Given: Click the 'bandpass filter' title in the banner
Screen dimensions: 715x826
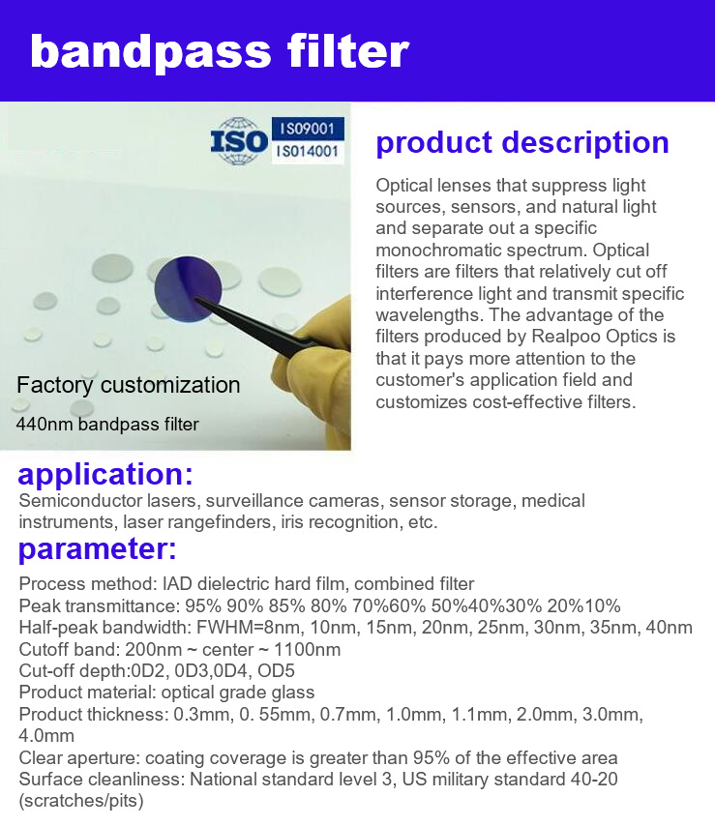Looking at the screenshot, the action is (220, 51).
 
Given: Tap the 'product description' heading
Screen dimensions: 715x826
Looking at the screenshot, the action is (522, 143).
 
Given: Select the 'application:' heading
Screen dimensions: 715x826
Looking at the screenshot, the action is (105, 474).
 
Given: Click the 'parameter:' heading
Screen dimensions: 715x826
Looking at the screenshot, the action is (98, 549).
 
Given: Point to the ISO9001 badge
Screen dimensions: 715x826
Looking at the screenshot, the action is (308, 129).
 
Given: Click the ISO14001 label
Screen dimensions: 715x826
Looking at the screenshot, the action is (308, 152).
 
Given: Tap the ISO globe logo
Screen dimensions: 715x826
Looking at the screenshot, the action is (239, 141).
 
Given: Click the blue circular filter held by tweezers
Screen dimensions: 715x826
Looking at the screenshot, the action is (188, 289).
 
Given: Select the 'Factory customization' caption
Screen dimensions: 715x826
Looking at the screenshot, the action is (128, 385).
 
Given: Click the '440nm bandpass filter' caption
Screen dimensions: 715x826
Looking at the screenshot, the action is (107, 424).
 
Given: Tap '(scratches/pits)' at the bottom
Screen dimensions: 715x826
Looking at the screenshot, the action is (81, 801).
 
